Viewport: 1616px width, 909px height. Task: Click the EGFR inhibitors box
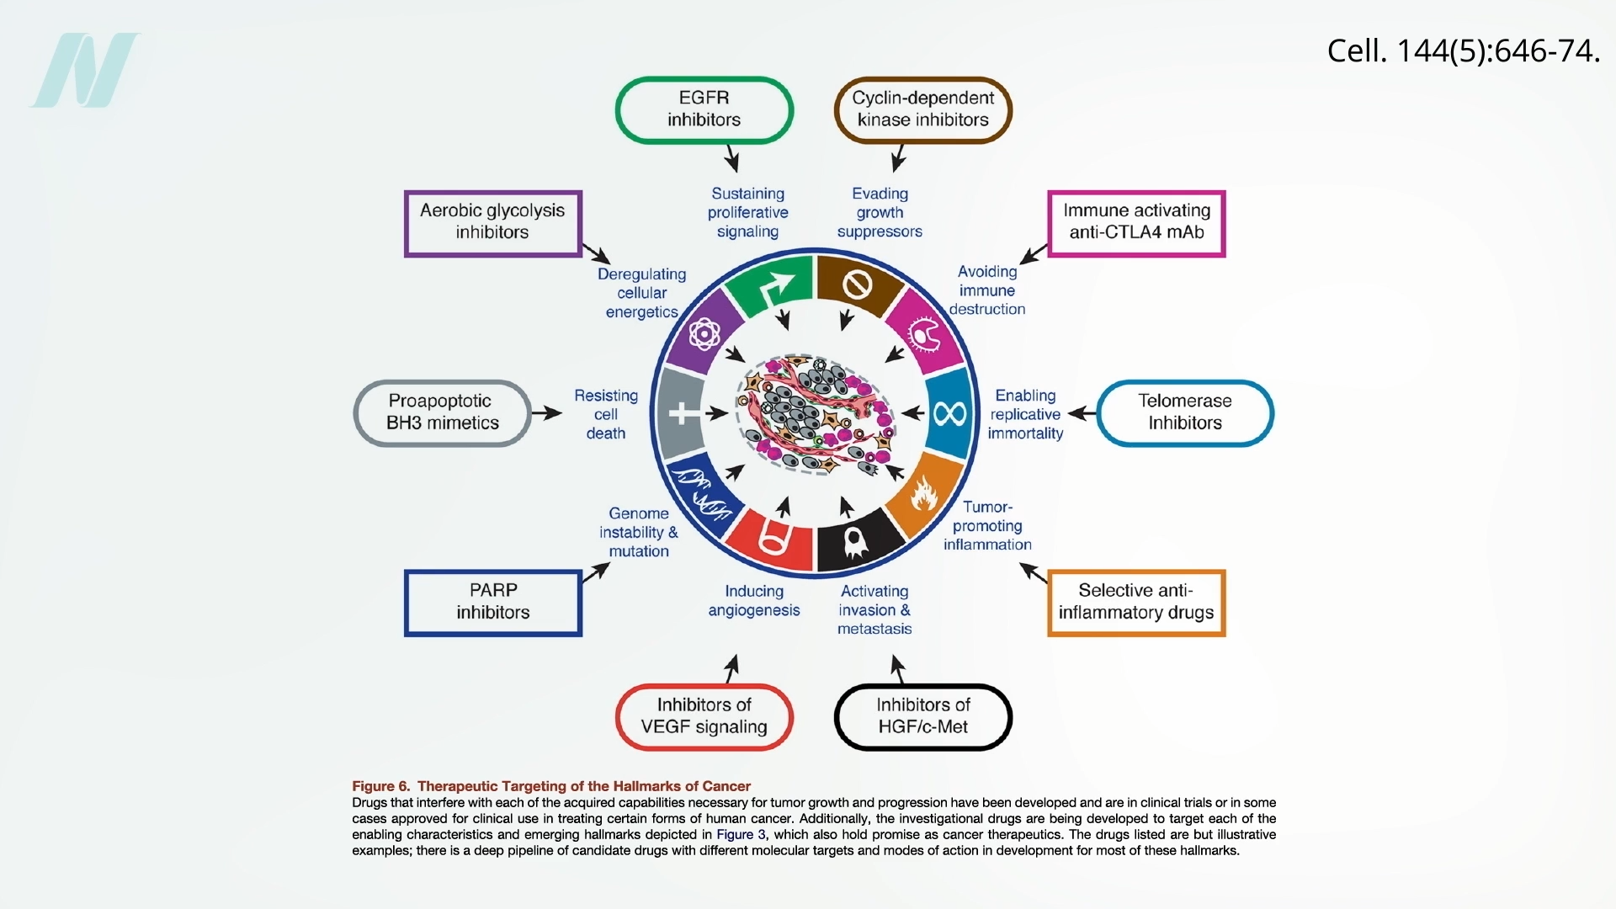click(x=704, y=109)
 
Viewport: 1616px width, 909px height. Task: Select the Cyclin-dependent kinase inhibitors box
click(x=922, y=109)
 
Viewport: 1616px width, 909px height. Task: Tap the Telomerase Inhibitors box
click(x=1185, y=412)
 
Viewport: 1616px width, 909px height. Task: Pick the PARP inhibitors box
click(x=493, y=602)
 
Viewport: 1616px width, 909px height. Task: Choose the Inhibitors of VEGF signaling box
click(x=704, y=716)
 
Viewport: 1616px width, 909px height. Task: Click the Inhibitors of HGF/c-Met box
click(x=922, y=716)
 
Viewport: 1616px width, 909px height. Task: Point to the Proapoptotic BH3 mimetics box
click(x=442, y=412)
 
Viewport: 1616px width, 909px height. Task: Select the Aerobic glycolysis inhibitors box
click(x=492, y=222)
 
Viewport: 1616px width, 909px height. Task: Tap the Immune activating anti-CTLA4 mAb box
click(x=1136, y=222)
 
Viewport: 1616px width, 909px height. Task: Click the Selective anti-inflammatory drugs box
click(x=1136, y=602)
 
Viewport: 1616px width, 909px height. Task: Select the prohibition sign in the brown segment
click(x=856, y=285)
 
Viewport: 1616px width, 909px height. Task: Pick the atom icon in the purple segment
click(x=704, y=334)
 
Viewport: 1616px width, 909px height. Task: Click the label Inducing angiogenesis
click(x=754, y=601)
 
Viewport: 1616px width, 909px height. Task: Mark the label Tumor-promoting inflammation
click(x=987, y=526)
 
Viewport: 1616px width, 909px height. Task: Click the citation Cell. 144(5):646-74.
click(x=1463, y=51)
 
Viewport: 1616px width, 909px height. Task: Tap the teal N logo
click(x=84, y=71)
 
